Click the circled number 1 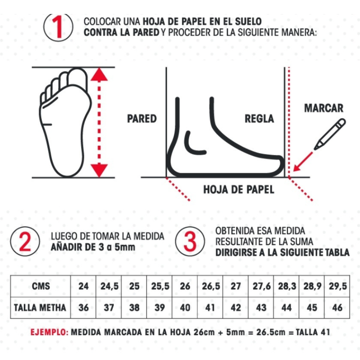pos(58,27)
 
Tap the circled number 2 pos(25,241)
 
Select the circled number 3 pos(190,241)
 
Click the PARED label pos(142,119)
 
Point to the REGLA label pos(259,119)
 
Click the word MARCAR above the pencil pos(324,108)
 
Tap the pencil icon pos(329,134)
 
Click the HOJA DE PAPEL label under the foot pos(239,189)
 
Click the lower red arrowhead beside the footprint pos(99,171)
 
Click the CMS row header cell pos(40,286)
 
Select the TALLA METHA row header pos(40,308)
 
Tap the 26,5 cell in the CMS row pos(211,286)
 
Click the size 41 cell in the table pos(210,308)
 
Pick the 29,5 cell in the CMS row pos(337,286)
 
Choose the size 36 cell pos(83,308)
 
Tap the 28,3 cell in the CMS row pos(287,286)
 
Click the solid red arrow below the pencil pos(303,162)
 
